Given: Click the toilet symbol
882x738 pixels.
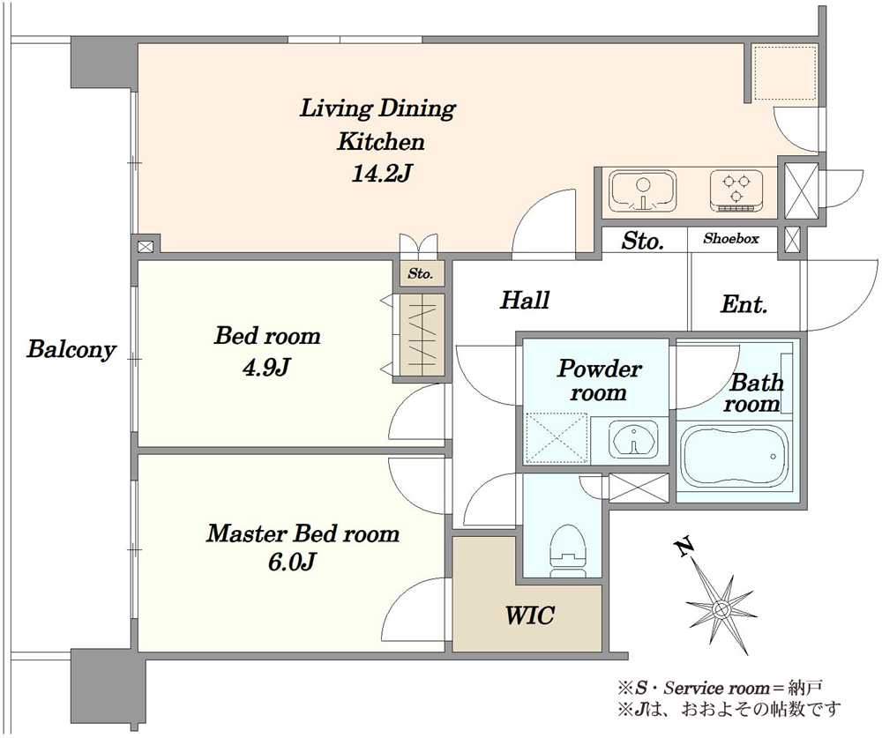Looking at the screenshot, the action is [569, 551].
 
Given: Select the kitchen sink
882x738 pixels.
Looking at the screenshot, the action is [643, 192].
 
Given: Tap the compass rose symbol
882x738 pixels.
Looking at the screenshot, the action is [721, 608].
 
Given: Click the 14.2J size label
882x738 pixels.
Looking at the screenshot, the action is [382, 174].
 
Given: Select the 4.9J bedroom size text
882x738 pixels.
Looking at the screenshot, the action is [266, 368].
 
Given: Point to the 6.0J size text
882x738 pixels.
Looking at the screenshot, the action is [291, 562].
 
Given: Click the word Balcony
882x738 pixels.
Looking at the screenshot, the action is [71, 349].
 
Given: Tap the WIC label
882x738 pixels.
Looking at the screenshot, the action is [530, 615].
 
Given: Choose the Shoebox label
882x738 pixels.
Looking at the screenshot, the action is [730, 239].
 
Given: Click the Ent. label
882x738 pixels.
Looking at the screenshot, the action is [744, 304].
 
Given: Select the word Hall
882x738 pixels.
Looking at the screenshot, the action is [525, 300].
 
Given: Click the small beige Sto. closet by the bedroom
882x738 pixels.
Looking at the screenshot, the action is [421, 274].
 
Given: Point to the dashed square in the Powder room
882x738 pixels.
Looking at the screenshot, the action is [556, 438].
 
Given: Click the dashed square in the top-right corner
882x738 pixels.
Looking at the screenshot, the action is [784, 74].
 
